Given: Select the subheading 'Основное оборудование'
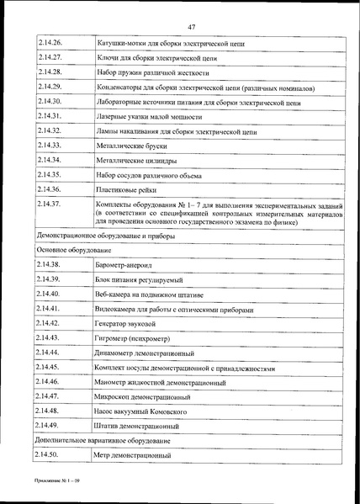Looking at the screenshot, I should coord(73,251).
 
